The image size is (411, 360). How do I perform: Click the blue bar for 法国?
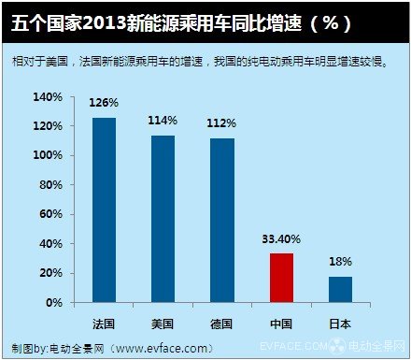coord(104,210)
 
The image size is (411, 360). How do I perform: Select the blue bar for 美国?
coord(163,219)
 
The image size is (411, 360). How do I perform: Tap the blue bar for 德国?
coord(221,221)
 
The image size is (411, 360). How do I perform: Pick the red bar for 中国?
coord(281,278)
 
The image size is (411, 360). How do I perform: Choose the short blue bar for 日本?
coord(340,289)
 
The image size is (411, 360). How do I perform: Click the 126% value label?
coord(104,104)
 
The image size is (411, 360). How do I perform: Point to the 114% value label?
coord(163,122)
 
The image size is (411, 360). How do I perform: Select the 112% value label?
coord(222,123)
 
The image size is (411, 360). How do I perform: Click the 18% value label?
coord(340,262)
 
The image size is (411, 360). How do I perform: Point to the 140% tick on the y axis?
coord(48,97)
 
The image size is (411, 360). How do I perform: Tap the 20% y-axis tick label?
coord(51,274)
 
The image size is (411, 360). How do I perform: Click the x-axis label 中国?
coord(281,323)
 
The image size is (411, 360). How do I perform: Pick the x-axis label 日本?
coord(340,323)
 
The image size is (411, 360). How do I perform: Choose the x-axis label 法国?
coord(104,323)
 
